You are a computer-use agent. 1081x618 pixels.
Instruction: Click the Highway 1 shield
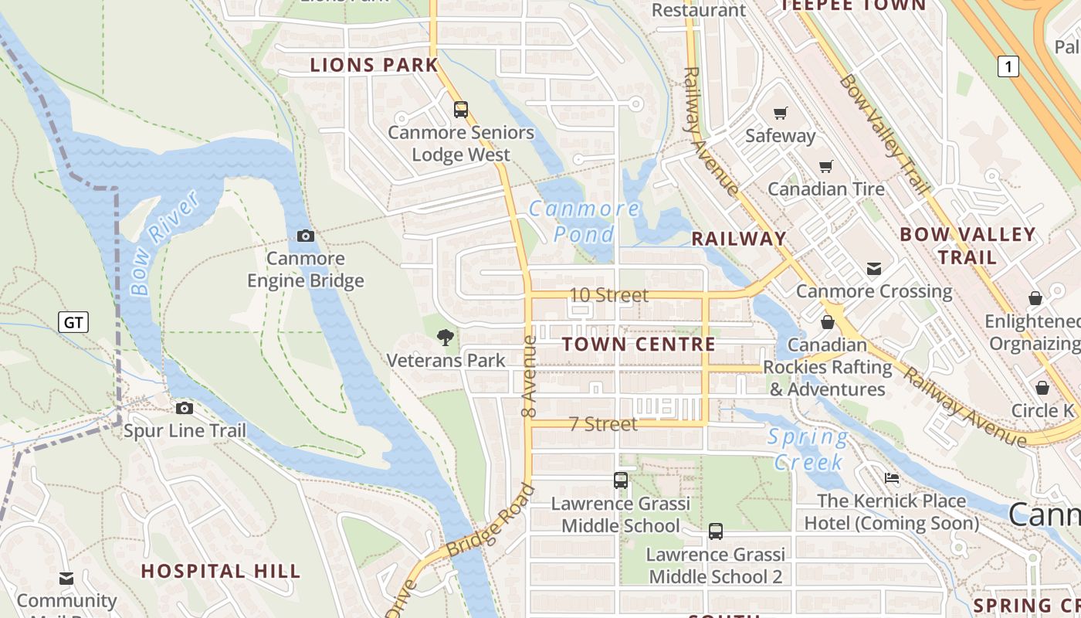(x=1007, y=66)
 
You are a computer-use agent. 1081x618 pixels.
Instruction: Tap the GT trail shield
(x=73, y=321)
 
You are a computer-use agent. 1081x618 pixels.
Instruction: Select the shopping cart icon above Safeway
(x=780, y=114)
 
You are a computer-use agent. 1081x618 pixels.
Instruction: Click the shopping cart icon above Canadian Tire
(x=825, y=166)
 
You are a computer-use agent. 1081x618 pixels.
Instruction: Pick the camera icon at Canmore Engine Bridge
(x=305, y=236)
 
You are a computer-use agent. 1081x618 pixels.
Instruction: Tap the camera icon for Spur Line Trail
(x=184, y=408)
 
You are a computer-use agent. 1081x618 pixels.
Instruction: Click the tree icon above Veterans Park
(x=445, y=337)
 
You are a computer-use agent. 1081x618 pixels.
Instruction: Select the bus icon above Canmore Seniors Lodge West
(x=461, y=110)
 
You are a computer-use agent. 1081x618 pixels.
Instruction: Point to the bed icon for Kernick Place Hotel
(x=891, y=478)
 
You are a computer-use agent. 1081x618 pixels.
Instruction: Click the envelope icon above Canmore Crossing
(x=873, y=269)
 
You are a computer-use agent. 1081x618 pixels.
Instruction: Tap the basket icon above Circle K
(x=1042, y=388)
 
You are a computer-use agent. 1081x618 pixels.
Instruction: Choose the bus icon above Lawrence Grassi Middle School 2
(x=716, y=531)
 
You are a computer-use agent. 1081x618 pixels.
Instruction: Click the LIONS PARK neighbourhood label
(x=374, y=65)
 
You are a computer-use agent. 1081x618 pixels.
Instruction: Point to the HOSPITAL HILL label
(x=220, y=572)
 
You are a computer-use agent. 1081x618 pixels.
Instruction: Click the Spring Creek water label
(x=808, y=450)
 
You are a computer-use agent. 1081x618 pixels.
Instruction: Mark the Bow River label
(x=164, y=243)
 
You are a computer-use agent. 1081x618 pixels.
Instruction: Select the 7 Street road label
(x=603, y=423)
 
